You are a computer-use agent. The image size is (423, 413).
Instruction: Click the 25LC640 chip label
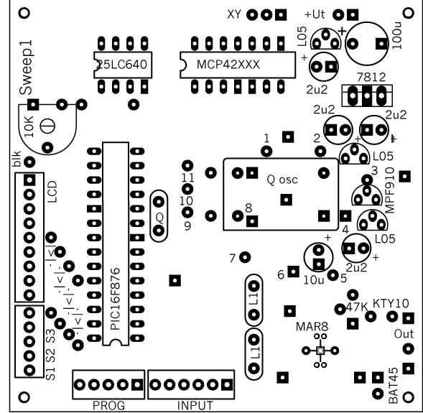pyautogui.click(x=122, y=65)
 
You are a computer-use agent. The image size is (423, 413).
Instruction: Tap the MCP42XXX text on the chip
pyautogui.click(x=228, y=65)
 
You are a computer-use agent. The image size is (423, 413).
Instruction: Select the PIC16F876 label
pyautogui.click(x=116, y=299)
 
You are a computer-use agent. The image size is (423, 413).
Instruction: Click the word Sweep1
pyautogui.click(x=27, y=68)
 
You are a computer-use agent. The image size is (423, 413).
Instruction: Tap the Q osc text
pyautogui.click(x=282, y=180)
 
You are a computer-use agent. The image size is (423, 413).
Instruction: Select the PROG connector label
pyautogui.click(x=108, y=405)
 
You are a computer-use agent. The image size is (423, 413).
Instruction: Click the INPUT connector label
pyautogui.click(x=195, y=405)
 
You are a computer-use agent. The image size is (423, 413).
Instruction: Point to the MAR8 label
pyautogui.click(x=312, y=327)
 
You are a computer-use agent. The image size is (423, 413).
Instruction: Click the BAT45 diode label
pyautogui.click(x=394, y=386)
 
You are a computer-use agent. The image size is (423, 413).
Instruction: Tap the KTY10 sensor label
pyautogui.click(x=391, y=304)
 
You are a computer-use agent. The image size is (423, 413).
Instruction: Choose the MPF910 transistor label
pyautogui.click(x=390, y=190)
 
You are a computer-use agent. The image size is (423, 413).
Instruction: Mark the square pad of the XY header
pyautogui.click(x=281, y=15)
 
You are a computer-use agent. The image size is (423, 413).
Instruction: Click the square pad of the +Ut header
pyautogui.click(x=353, y=15)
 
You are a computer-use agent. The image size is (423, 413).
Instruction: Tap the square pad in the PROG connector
pyautogui.click(x=137, y=385)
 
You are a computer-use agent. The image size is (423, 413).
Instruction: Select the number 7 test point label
pyautogui.click(x=232, y=259)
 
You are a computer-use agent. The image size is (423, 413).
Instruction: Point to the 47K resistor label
pyautogui.click(x=357, y=307)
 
